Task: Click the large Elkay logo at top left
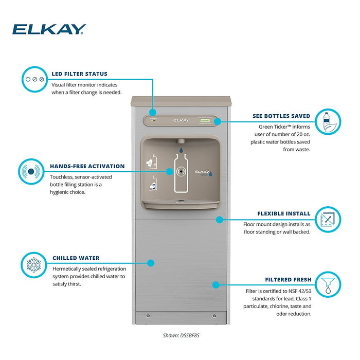(49, 30)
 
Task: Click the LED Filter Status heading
(80, 74)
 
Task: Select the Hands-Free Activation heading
(87, 166)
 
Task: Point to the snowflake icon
(34, 264)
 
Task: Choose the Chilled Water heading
(76, 258)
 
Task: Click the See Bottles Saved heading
(281, 116)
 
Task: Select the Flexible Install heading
(284, 213)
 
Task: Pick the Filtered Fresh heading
(288, 280)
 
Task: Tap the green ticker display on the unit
(206, 120)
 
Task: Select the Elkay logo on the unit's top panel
(181, 120)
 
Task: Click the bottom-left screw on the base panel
(148, 315)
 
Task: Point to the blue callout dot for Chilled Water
(151, 262)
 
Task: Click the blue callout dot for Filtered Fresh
(217, 284)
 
